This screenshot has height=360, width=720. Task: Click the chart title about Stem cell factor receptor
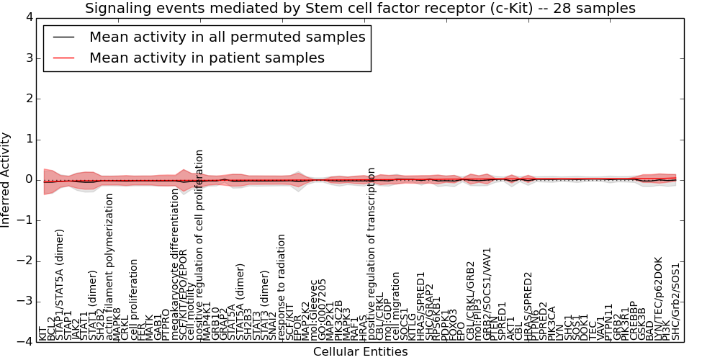point(360,9)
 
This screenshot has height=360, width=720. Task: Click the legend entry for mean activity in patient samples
point(207,58)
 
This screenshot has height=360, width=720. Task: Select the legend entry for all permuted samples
point(227,37)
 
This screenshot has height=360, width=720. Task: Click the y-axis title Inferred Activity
point(6,179)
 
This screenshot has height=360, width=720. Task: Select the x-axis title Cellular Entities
point(360,352)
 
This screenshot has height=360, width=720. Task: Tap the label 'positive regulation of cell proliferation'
point(200,246)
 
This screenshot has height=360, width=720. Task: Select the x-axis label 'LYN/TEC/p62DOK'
point(658,298)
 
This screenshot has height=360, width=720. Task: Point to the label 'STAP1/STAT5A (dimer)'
point(60,285)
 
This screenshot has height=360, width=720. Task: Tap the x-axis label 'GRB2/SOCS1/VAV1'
point(487,296)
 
